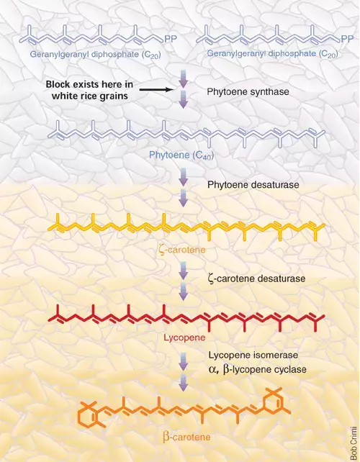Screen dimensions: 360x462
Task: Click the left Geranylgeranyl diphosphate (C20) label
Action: click(x=95, y=55)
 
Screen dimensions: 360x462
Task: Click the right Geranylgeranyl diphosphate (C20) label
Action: click(x=272, y=54)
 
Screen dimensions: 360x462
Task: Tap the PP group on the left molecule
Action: click(x=170, y=39)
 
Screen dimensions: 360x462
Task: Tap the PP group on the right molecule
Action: click(x=347, y=39)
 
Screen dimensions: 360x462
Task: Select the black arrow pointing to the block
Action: click(x=156, y=89)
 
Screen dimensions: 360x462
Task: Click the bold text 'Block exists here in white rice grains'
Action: click(x=89, y=90)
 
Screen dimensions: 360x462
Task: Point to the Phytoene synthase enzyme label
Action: click(x=248, y=91)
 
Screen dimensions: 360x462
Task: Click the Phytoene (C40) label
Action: click(x=181, y=155)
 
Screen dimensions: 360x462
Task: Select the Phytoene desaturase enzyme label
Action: click(x=253, y=185)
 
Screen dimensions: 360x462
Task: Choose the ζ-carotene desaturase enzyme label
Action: click(x=256, y=278)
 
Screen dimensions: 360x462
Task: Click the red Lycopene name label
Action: click(x=184, y=338)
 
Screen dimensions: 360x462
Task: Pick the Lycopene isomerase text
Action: click(x=253, y=355)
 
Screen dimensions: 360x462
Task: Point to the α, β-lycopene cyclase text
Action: click(x=257, y=369)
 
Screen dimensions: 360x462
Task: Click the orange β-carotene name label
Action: click(x=186, y=436)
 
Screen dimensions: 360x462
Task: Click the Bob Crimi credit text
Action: click(x=354, y=442)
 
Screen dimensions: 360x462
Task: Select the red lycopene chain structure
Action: click(x=186, y=319)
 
